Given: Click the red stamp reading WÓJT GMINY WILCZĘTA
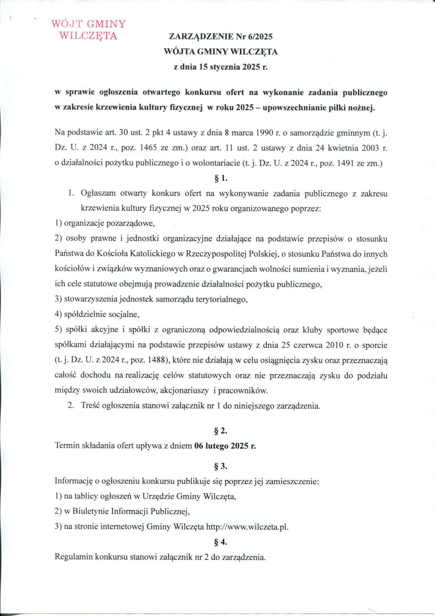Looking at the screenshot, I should pyautogui.click(x=88, y=30).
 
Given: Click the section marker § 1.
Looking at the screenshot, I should pyautogui.click(x=221, y=178).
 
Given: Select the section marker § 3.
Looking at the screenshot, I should pyautogui.click(x=221, y=467).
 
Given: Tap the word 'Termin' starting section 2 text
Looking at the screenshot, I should pyautogui.click(x=66, y=446).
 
